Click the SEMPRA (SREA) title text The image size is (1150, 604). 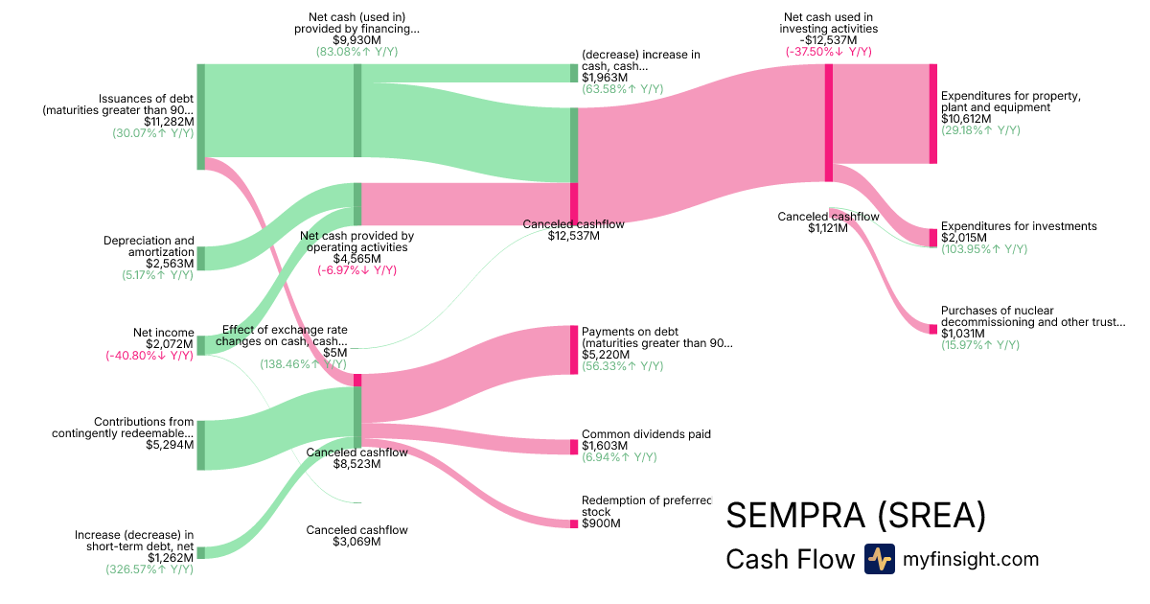click(856, 516)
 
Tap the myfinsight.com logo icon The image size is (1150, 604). click(879, 559)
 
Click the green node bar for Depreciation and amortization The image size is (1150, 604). click(200, 258)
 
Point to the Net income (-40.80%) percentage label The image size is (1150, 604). click(149, 356)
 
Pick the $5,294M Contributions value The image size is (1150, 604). click(170, 445)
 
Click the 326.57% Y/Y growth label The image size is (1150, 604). click(149, 569)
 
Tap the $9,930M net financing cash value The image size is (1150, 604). click(356, 40)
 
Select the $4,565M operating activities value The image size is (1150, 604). click(356, 259)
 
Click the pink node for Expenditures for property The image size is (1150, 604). click(932, 114)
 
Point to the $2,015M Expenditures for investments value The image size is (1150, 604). click(964, 238)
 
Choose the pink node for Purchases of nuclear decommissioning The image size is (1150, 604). click(932, 330)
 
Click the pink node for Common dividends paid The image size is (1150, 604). click(574, 447)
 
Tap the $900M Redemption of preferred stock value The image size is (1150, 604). click(601, 523)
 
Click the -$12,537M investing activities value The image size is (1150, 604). click(828, 40)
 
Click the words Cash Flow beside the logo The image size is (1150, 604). click(790, 559)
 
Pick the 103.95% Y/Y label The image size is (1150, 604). click(983, 249)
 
